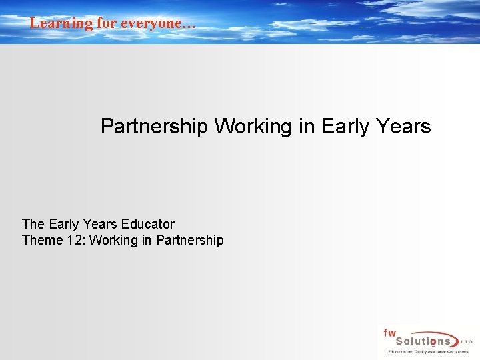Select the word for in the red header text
click(x=108, y=23)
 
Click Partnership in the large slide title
click(x=154, y=126)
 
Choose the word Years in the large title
click(x=403, y=126)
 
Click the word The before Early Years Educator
click(x=33, y=224)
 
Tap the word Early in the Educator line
click(x=63, y=224)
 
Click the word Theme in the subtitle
click(x=42, y=240)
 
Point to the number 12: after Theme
click(x=75, y=240)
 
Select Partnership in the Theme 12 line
click(x=190, y=240)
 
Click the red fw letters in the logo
click(x=389, y=333)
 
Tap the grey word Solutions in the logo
click(x=420, y=341)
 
